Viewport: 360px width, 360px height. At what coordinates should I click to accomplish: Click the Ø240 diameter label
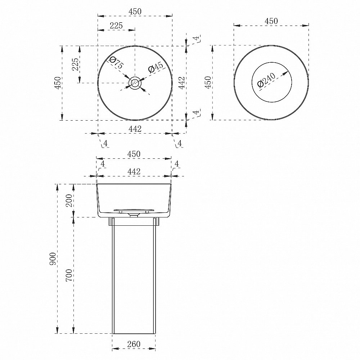[266, 80]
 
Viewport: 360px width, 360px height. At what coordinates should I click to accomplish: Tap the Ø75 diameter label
[116, 63]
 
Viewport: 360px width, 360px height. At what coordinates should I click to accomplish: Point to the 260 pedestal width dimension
[134, 344]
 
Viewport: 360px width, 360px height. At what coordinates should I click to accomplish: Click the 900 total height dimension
[53, 259]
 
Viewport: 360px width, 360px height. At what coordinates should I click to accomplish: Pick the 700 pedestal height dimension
[69, 275]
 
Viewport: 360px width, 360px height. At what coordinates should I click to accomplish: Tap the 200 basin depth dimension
[69, 201]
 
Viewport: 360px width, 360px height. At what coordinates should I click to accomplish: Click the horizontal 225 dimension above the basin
[116, 26]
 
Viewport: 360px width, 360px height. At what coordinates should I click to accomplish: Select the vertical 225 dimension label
[75, 64]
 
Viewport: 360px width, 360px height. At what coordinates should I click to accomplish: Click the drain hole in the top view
[135, 83]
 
